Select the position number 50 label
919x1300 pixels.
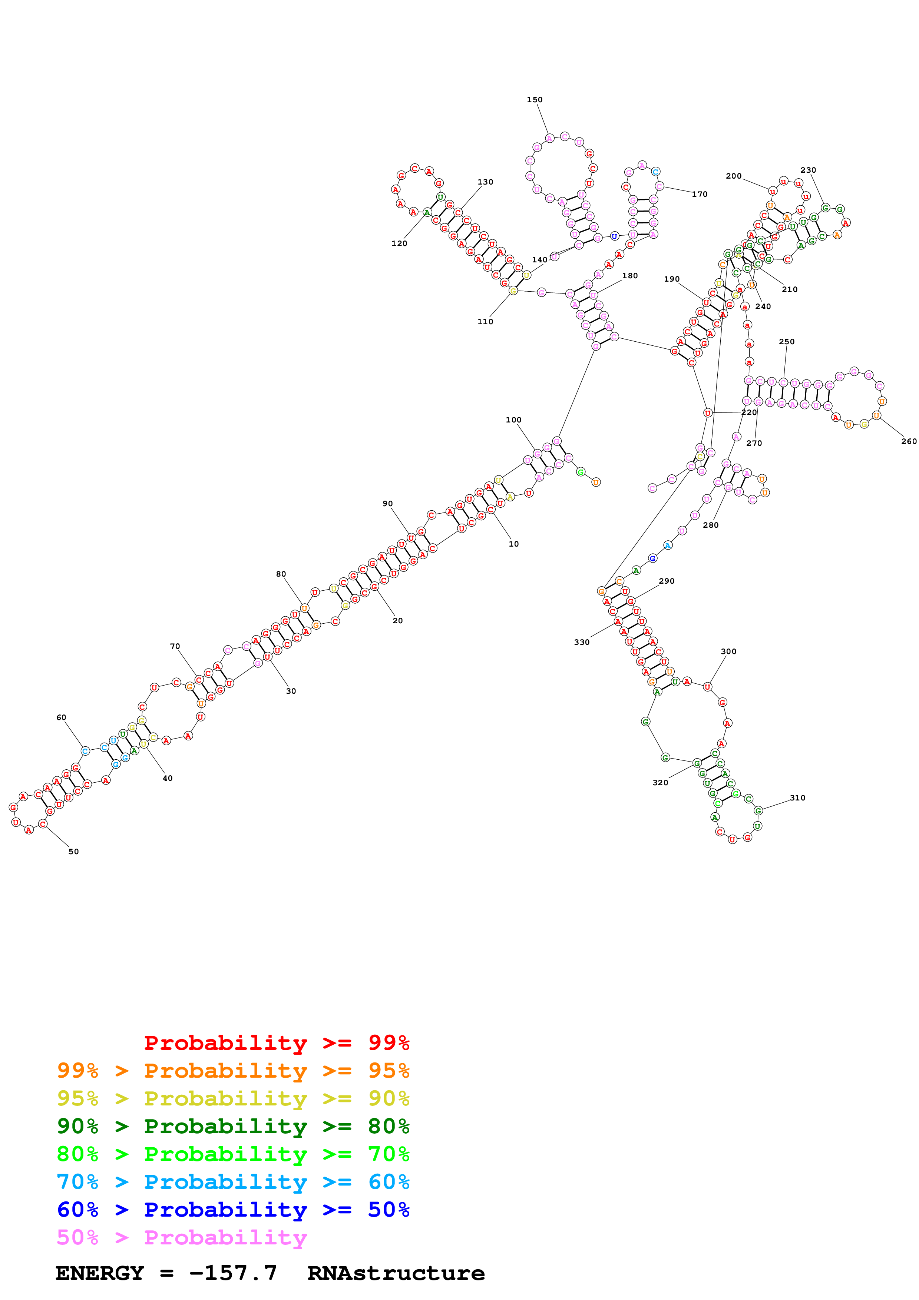[x=74, y=852]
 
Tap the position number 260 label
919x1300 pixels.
[x=908, y=442]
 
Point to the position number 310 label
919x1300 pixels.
[x=797, y=798]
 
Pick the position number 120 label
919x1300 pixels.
[x=399, y=243]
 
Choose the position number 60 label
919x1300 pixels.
[x=61, y=717]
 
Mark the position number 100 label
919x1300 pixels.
[x=513, y=420]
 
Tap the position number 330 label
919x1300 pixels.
[x=582, y=642]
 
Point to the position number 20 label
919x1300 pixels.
[x=397, y=621]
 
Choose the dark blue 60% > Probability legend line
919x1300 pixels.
[x=233, y=1210]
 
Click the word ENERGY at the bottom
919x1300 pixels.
[x=100, y=1273]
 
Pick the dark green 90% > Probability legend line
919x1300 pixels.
[x=233, y=1126]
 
